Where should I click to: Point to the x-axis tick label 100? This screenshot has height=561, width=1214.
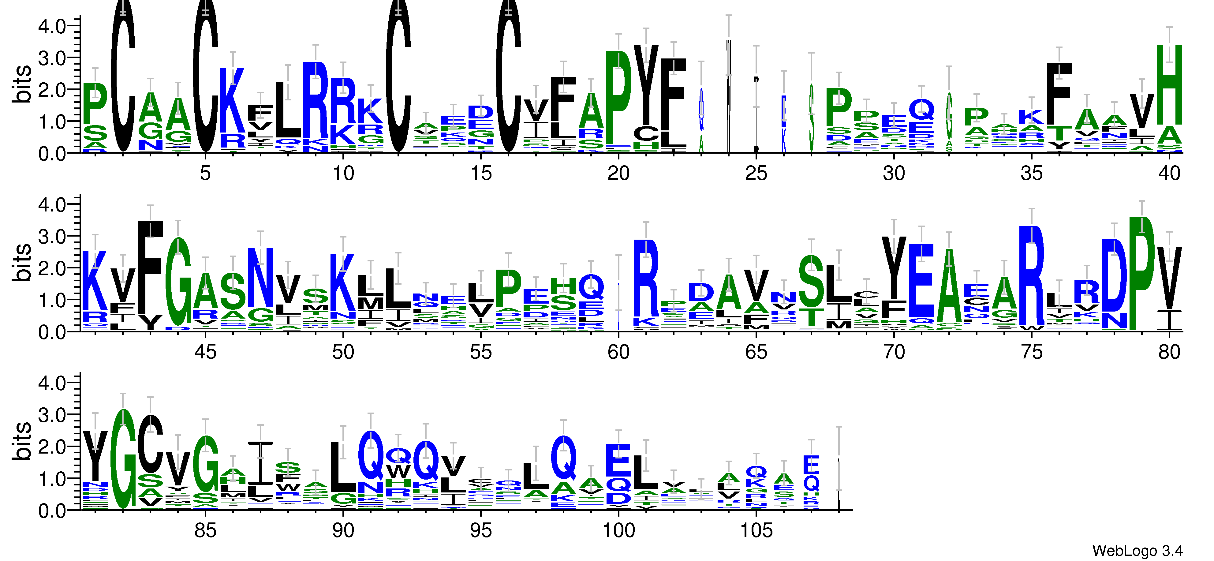coord(618,530)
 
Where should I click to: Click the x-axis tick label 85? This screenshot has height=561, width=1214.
coord(205,530)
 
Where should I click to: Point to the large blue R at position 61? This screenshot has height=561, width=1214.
coord(646,278)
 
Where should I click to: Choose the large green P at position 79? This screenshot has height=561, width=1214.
coord(1141,273)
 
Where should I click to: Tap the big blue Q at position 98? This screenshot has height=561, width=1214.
coord(563,457)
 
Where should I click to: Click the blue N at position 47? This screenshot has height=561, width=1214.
coord(261,278)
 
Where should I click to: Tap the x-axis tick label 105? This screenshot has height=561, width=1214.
coord(756,530)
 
